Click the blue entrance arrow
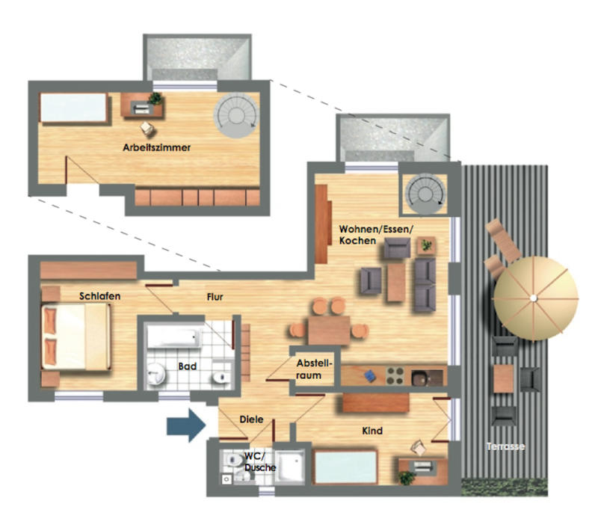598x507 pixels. click(186, 425)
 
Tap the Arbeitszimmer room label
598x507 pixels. click(156, 147)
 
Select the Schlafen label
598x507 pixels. click(99, 296)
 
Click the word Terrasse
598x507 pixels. click(506, 446)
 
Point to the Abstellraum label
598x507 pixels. click(314, 369)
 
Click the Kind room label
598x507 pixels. click(372, 431)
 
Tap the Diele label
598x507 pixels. click(251, 420)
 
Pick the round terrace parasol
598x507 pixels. click(535, 298)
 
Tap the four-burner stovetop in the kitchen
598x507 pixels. click(395, 375)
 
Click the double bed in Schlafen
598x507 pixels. click(76, 337)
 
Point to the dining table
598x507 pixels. click(329, 331)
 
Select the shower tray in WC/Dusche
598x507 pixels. click(290, 467)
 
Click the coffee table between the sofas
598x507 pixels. click(396, 282)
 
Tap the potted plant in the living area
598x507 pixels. click(426, 245)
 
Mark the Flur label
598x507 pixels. click(215, 297)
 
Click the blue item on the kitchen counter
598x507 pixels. click(369, 376)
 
